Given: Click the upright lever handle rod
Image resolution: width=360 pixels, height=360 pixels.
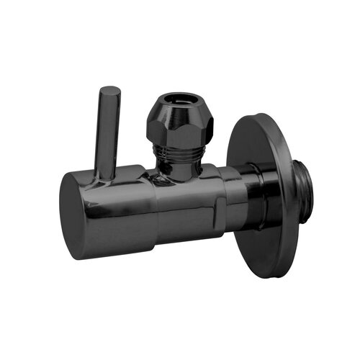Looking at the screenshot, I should pos(107,130).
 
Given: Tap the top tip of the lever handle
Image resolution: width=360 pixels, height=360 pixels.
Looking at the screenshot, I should pos(109,90).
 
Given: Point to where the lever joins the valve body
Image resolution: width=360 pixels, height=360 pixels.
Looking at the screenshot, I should pos(106,174).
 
